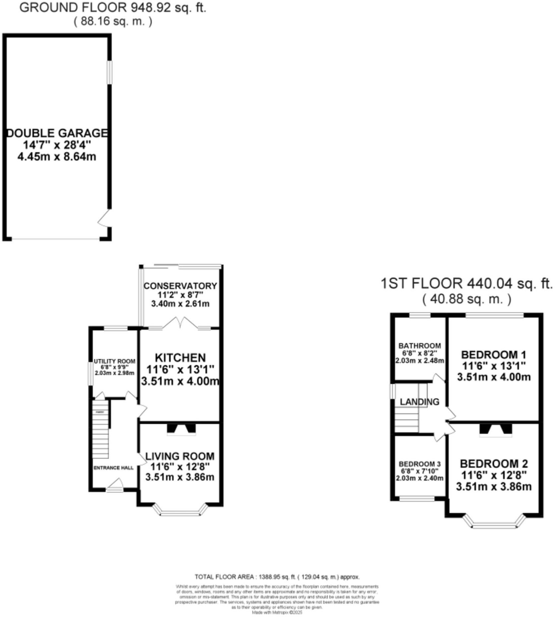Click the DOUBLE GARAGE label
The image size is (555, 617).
57,133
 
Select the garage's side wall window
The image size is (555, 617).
109,72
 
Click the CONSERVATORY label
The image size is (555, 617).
180,286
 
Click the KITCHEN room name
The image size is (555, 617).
180,358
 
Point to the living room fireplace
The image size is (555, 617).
181,429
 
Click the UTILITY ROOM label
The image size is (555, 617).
114,361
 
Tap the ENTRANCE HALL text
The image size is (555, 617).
113,468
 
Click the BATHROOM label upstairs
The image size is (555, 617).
419,346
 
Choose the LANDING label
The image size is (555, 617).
419,402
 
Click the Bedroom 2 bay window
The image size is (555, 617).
494,524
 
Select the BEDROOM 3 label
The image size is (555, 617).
419,464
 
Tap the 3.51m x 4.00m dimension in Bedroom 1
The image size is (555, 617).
494,377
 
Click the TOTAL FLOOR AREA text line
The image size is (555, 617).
277,577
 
